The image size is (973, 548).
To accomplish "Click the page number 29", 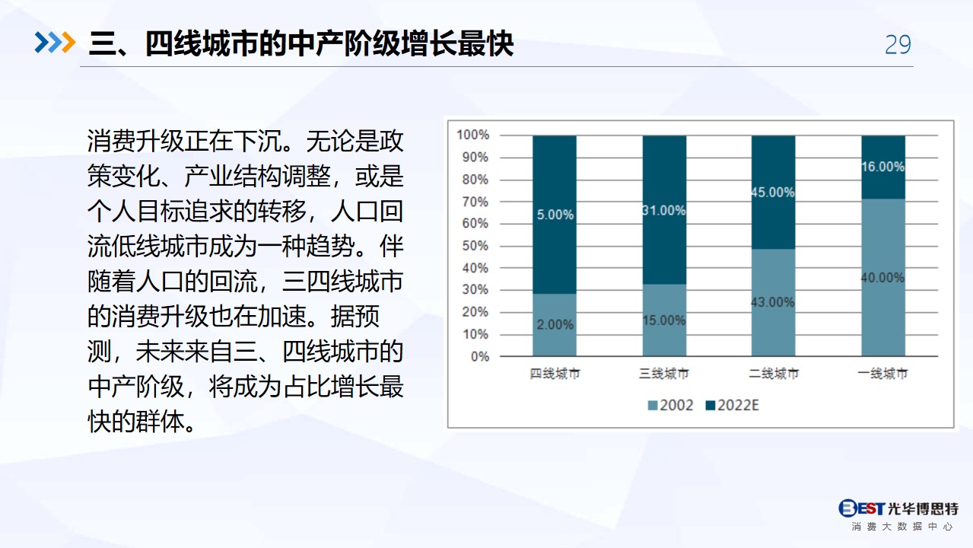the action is pos(898,44).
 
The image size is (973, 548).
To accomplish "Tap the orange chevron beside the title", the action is pos(68,43).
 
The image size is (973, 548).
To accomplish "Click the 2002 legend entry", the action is pos(670,405).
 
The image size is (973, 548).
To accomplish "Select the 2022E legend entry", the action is pos(733,405).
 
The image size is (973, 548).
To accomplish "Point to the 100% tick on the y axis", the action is pos(472,135).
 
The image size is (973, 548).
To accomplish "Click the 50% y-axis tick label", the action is pos(475,246).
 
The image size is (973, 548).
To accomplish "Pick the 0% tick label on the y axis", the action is pos(479,356).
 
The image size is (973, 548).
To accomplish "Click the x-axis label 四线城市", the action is pos(555,374).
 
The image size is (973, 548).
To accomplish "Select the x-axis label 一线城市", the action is pos(882,374).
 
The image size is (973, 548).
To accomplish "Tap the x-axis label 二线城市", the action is pos(774,374).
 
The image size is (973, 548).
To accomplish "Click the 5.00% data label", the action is pos(555,215).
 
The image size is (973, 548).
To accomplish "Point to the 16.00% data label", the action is pos(882,167).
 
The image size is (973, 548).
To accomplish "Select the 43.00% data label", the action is pos(773,302).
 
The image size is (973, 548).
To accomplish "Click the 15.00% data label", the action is pos(663,320).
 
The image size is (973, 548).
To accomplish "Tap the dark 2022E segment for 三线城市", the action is pos(665,210).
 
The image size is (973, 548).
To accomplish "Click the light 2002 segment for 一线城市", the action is pos(883,278).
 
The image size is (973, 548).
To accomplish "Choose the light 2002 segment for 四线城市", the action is pos(555,325).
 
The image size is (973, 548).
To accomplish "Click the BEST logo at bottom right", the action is pos(898,508).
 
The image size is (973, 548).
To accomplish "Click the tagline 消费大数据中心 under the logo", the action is pos(902,527).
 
